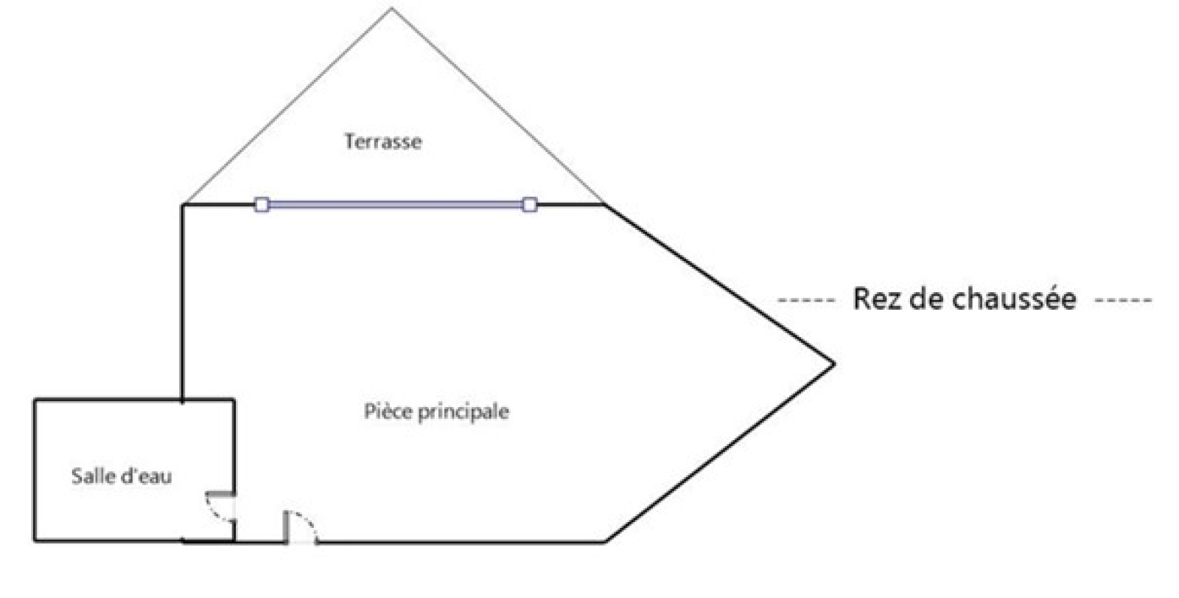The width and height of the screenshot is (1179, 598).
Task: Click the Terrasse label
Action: (383, 142)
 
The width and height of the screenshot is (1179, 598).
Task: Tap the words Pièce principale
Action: (436, 412)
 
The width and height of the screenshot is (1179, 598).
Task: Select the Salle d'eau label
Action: (122, 476)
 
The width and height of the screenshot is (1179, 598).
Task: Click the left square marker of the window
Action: (262, 204)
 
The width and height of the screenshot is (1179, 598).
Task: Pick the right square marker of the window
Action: (530, 204)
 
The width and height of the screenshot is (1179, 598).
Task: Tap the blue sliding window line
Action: (396, 204)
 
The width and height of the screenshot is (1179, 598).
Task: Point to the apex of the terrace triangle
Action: (391, 7)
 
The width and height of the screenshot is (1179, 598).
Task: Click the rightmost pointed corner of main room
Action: (834, 364)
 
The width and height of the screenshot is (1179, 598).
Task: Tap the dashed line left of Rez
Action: (806, 300)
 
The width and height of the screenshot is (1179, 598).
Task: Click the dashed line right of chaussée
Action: (1123, 300)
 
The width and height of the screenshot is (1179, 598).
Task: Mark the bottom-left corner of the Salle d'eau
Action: (35, 540)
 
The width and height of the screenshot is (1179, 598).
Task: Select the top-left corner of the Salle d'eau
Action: (35, 400)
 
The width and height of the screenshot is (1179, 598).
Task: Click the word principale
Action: (463, 412)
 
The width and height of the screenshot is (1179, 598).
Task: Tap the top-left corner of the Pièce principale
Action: (183, 204)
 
